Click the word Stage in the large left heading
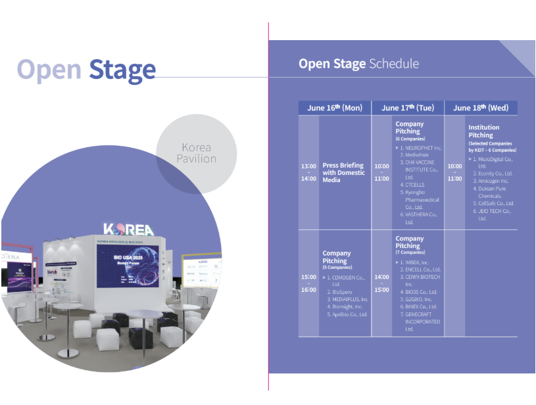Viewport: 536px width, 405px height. click(x=122, y=69)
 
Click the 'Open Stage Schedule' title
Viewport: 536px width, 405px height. click(x=358, y=64)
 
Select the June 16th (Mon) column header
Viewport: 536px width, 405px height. click(x=335, y=108)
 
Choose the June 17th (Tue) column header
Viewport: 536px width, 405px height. click(x=408, y=108)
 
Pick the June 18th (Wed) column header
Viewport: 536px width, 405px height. click(x=481, y=108)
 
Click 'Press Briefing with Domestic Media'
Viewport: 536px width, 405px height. click(x=343, y=172)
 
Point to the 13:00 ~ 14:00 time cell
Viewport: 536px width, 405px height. click(x=308, y=172)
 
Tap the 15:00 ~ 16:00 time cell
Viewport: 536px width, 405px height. click(x=308, y=283)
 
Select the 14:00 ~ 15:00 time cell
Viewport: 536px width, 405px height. click(x=381, y=283)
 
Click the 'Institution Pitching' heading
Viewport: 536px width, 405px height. click(x=483, y=131)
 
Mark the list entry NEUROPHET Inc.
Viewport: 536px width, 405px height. click(x=421, y=148)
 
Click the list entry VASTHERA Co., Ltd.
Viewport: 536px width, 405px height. click(x=421, y=218)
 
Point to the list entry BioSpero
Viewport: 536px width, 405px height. click(x=342, y=291)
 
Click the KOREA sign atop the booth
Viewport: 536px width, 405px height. click(x=128, y=230)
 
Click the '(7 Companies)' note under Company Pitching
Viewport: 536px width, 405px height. click(x=410, y=252)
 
